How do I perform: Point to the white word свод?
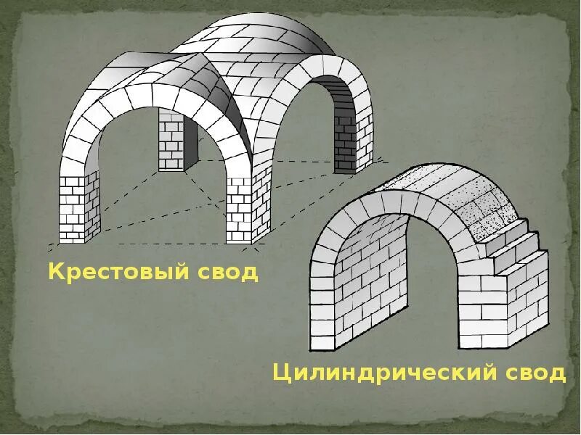point(534,373)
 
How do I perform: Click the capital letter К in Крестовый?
point(55,272)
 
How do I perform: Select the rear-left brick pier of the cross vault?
point(171,141)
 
